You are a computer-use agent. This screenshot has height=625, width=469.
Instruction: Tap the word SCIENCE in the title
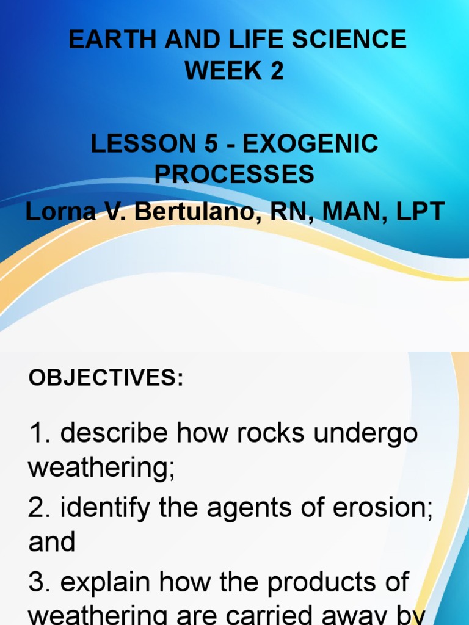pos(349,40)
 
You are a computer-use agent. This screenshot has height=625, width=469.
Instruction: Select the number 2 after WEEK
pos(277,71)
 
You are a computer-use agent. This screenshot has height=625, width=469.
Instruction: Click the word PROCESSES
pos(234,175)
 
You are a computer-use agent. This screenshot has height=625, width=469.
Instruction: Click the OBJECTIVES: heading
pos(106,378)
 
